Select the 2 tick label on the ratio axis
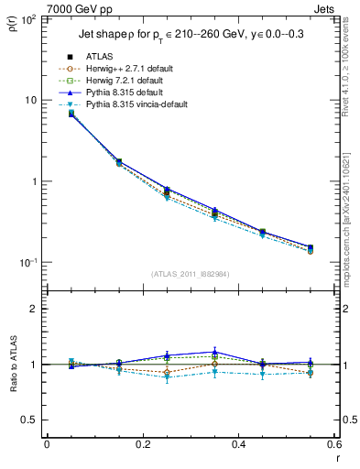[x=34, y=309]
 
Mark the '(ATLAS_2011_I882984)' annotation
[x=190, y=275]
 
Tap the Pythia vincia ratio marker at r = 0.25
[x=167, y=377]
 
